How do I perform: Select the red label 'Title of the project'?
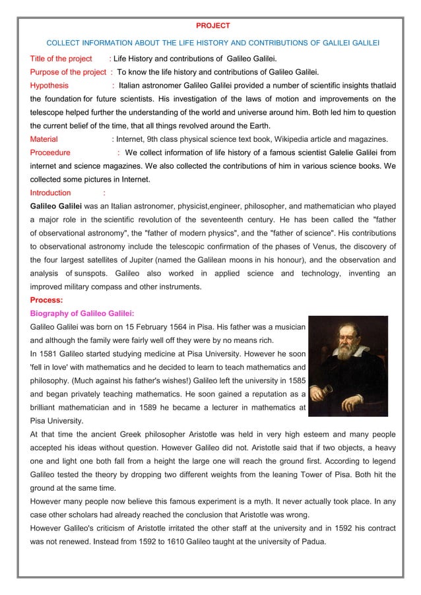click(61, 59)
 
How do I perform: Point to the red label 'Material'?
click(44, 139)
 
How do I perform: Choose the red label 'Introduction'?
click(50, 193)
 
